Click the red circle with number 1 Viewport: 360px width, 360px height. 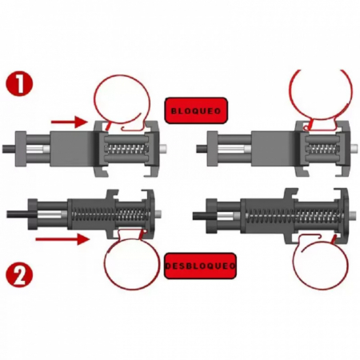[x=19, y=83]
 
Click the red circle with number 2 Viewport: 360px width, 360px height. [x=19, y=275]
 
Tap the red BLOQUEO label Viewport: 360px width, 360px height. [x=196, y=110]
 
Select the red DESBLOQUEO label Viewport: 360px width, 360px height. [x=200, y=266]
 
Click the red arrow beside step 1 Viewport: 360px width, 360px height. [x=70, y=122]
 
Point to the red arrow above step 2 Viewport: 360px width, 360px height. [x=62, y=238]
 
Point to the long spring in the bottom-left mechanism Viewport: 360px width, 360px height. [x=110, y=214]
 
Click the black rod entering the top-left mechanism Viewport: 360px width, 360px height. [x=9, y=148]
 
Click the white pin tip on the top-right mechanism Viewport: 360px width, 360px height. [x=354, y=148]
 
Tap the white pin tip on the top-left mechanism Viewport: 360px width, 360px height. [x=164, y=147]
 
